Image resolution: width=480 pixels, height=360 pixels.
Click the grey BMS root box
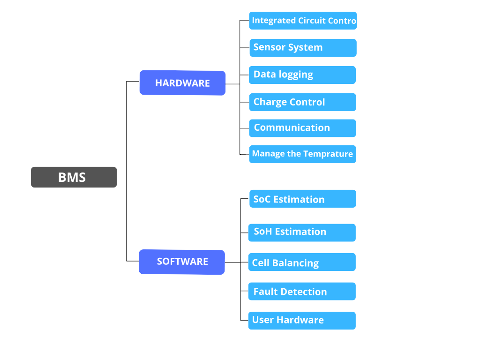coord(74,177)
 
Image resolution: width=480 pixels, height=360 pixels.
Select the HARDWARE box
coord(182,83)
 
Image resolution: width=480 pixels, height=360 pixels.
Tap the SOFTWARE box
coord(182,262)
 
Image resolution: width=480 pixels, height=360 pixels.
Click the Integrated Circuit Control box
coord(303,21)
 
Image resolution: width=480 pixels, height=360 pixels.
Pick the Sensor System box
coord(303,48)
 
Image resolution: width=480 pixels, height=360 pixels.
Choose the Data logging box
coord(302,75)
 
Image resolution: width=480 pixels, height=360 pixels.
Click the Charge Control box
coord(302,102)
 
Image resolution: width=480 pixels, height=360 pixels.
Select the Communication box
coord(302,128)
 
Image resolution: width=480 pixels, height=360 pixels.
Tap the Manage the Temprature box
coord(302,154)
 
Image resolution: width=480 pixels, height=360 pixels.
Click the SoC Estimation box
coord(303,199)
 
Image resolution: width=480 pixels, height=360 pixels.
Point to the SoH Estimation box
coord(302,232)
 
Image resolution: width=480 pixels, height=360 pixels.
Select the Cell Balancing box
coord(302,262)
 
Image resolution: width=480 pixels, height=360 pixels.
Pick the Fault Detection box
coord(302,292)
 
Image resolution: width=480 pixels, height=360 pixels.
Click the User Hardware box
coord(302,321)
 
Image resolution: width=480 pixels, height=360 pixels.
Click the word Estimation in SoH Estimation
coord(300,232)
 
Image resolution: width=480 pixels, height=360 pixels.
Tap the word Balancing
coord(295,263)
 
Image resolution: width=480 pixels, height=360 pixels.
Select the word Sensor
coord(270,47)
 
